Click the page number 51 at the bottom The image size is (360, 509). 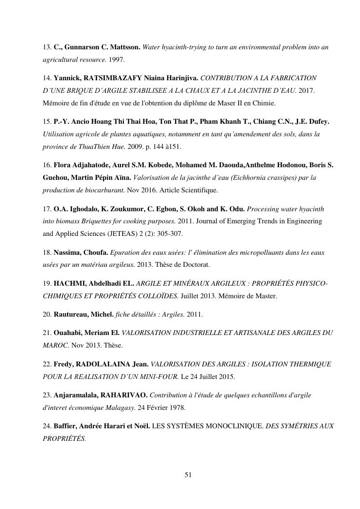click(x=188, y=475)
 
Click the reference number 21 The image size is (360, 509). click(x=46, y=333)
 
